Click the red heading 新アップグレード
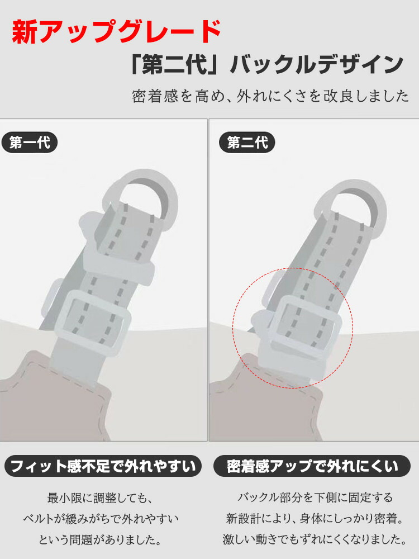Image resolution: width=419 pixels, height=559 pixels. click(117, 32)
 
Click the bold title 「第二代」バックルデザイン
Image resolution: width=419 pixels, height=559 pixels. click(268, 65)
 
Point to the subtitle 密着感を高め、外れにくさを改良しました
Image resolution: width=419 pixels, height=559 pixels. click(270, 96)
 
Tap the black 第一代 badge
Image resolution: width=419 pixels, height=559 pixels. click(30, 143)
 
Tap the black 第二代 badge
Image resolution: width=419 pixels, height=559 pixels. click(247, 143)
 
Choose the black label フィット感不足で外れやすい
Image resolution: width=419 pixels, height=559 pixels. click(103, 466)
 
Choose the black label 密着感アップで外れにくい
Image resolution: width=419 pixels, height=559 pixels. click(312, 466)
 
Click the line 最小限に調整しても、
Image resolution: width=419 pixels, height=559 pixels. click(100, 498)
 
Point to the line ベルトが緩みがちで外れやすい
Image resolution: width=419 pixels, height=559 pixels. click(101, 518)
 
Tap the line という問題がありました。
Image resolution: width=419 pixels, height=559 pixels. click(100, 539)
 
